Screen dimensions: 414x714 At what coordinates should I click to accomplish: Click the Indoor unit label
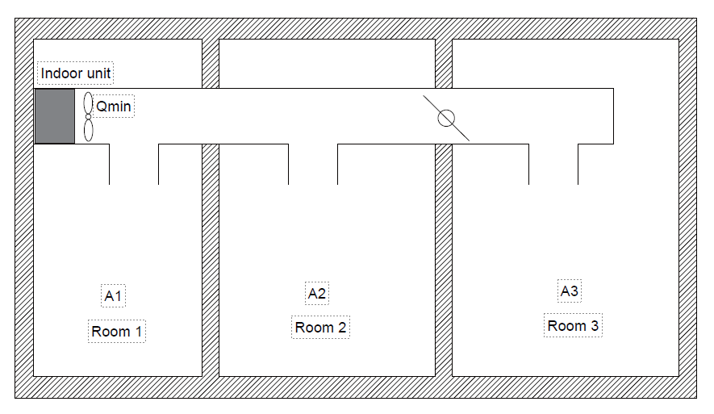coord(77,74)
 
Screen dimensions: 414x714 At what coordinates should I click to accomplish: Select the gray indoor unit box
coord(55,116)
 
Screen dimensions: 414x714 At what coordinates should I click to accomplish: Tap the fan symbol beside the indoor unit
coord(88,117)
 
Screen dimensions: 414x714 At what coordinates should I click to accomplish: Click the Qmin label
coord(114,107)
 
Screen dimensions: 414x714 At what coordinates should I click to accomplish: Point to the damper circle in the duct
coord(445,119)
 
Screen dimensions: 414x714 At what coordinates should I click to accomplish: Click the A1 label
coord(114,296)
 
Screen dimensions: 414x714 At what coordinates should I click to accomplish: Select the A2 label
coord(317,293)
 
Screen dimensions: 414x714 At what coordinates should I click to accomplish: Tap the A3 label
coord(570,291)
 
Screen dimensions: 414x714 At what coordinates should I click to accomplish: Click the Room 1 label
coord(117,331)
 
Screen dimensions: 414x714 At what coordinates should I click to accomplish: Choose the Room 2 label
coord(320,327)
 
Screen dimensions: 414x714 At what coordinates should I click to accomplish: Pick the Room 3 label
coord(573,325)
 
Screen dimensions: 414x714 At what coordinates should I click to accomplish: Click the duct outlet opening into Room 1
coord(134,182)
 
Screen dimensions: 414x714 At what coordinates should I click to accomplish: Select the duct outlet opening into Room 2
coord(313,182)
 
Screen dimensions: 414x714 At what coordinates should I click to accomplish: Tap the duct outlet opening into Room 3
coord(553,182)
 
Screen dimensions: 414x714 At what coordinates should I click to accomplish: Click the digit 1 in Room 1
coord(139,331)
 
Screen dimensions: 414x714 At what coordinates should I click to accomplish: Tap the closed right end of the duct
coord(613,116)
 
